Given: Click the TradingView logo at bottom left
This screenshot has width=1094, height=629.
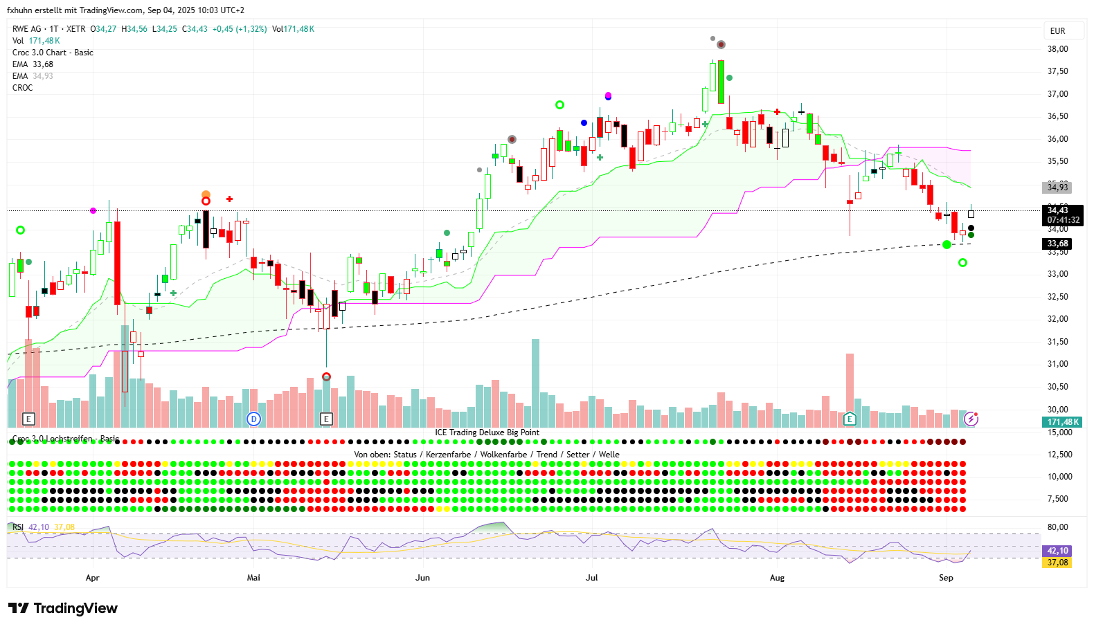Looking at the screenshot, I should [63, 608].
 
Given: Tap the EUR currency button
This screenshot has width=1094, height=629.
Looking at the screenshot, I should [1057, 31].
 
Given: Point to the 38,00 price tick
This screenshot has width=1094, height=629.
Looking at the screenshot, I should [1057, 49].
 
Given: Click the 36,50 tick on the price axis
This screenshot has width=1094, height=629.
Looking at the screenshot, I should [1057, 116].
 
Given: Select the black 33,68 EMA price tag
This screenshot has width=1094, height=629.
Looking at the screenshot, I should [1057, 244].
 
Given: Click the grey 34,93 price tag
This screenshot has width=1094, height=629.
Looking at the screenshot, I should [1057, 188].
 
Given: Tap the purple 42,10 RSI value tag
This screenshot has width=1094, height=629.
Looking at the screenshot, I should [1057, 551].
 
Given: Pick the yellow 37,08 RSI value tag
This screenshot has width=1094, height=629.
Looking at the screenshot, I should [1057, 563].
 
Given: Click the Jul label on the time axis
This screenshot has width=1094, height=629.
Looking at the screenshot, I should [591, 578].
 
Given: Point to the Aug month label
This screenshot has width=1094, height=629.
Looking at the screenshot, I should [777, 578].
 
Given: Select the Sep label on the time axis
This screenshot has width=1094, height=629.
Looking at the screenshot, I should [946, 578].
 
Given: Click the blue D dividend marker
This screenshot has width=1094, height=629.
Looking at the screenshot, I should [254, 419].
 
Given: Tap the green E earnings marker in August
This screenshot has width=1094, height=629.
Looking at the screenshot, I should [850, 419].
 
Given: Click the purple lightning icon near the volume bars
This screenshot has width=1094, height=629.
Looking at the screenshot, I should [971, 419].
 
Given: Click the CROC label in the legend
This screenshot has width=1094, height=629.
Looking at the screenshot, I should [23, 88].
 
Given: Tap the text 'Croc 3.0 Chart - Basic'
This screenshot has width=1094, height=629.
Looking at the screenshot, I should [53, 53].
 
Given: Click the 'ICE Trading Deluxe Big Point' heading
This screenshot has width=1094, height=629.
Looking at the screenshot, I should [487, 432].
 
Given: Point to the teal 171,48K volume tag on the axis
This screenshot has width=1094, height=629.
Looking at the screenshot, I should [1063, 422].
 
